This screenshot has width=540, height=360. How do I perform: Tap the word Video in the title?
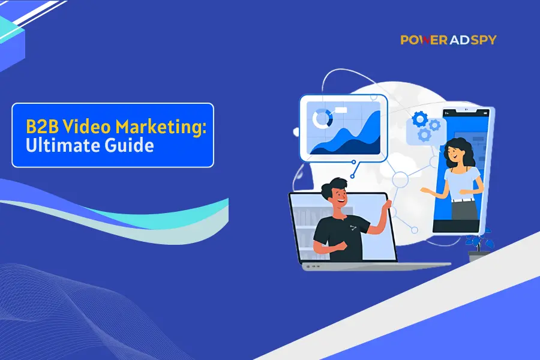(87, 127)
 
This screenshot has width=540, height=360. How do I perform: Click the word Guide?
(129, 145)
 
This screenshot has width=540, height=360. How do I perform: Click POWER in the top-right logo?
(424, 40)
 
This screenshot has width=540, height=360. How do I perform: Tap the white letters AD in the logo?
(459, 40)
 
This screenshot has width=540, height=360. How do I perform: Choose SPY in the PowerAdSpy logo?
(484, 40)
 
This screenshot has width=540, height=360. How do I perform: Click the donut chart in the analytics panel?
(322, 119)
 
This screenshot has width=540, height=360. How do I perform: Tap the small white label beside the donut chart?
(341, 110)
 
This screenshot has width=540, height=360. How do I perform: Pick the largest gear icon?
(420, 119)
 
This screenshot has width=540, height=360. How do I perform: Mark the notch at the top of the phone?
(466, 110)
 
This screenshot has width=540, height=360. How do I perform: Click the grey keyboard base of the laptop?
(376, 266)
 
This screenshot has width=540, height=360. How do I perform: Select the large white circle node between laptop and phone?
(400, 179)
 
